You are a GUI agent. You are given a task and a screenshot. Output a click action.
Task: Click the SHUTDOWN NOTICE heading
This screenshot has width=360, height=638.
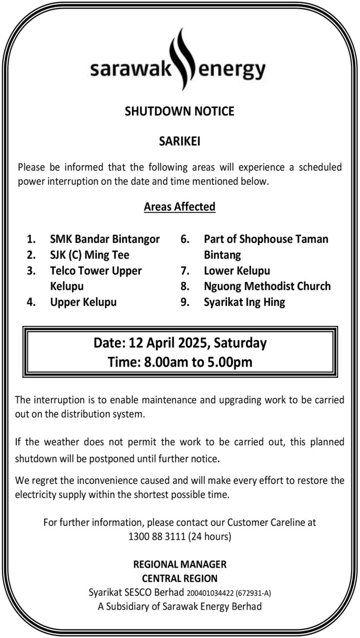click(x=180, y=111)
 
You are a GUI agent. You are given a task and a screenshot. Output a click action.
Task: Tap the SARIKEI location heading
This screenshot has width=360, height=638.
click(x=180, y=141)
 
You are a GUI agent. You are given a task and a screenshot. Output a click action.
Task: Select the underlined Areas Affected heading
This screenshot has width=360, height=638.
click(x=180, y=207)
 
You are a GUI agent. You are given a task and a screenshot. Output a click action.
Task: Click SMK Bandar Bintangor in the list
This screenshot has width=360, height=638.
click(x=105, y=239)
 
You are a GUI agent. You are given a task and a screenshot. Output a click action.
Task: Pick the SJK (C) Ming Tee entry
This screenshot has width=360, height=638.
click(x=90, y=255)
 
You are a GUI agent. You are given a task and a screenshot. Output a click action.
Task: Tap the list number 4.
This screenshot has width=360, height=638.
click(x=31, y=302)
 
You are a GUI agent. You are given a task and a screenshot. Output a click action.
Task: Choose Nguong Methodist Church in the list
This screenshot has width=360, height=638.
click(x=267, y=286)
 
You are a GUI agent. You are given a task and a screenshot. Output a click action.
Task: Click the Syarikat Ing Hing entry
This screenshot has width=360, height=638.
click(x=244, y=302)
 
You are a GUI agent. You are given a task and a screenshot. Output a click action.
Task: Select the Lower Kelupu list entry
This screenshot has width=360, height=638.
click(x=237, y=271)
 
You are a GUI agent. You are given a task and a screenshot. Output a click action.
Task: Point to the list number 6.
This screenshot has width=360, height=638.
click(x=185, y=239)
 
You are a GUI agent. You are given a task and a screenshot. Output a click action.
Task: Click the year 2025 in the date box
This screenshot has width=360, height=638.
click(x=192, y=343)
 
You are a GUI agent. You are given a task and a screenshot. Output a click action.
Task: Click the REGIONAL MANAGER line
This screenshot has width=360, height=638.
click(x=180, y=564)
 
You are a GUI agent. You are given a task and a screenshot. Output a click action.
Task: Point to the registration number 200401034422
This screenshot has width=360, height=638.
click(x=210, y=593)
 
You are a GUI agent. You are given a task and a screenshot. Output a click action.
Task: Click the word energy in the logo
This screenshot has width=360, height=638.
click(x=232, y=71)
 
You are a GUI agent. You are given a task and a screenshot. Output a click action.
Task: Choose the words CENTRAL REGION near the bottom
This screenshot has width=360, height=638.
click(x=180, y=578)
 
